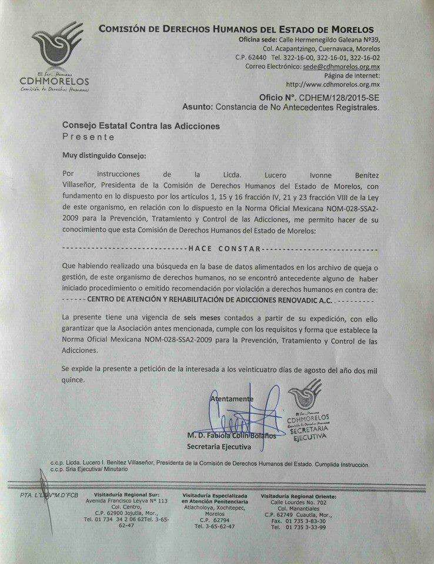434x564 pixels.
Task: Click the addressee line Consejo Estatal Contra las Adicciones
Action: coord(141,126)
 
